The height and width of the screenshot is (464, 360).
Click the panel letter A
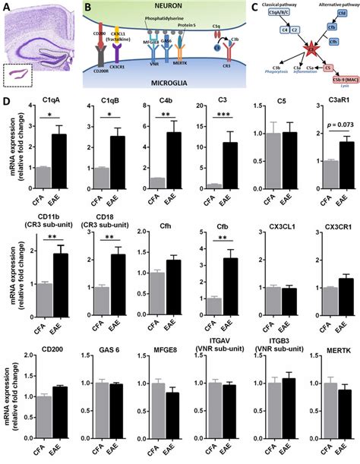pos(6,7)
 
